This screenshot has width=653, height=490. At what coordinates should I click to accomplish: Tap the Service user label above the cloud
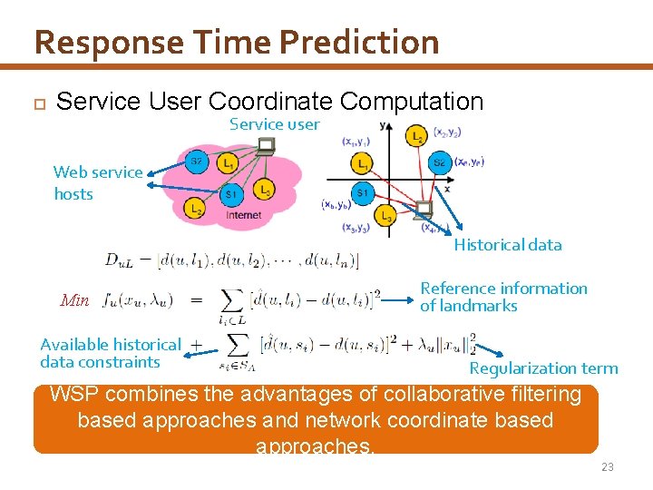point(274,124)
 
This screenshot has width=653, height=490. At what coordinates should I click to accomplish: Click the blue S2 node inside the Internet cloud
point(197,162)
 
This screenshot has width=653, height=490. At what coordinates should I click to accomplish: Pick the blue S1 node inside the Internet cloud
point(231,194)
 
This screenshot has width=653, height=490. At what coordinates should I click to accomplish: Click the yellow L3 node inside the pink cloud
point(263,190)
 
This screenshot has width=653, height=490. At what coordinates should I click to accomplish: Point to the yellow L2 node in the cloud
point(194,209)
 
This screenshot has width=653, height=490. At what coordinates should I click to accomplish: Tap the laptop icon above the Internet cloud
point(266,145)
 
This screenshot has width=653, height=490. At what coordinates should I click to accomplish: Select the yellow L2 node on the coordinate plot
point(416,135)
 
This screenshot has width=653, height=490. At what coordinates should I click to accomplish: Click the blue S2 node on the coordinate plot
point(439,163)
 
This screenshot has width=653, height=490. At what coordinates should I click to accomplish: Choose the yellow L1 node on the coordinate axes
point(362,164)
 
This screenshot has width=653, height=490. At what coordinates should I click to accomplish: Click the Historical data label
point(508,245)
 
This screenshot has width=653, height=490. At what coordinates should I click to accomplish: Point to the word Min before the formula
point(74,300)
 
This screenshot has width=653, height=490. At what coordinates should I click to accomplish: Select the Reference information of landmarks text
point(503,297)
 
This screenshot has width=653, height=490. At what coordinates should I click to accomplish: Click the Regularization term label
point(543,368)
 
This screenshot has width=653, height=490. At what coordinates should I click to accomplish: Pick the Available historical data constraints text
point(111,353)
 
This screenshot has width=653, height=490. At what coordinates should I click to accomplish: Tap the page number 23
point(607,466)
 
